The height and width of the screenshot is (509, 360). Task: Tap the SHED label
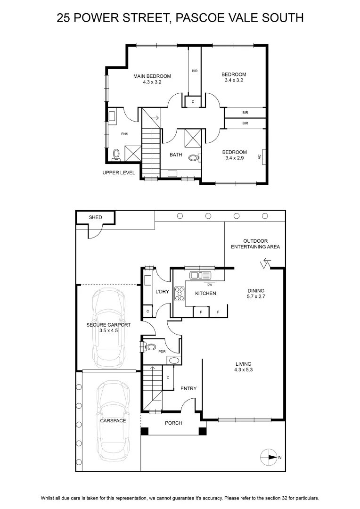point(96,217)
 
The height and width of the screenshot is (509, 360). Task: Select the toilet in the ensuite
point(116,155)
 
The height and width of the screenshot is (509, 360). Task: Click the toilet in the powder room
point(150,347)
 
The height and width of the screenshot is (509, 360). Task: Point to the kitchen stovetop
point(179,294)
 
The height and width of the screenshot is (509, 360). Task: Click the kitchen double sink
point(200,276)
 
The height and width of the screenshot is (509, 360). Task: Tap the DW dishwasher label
point(210,285)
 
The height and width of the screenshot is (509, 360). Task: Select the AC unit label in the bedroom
point(259,157)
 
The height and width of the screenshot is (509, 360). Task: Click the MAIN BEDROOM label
point(152,76)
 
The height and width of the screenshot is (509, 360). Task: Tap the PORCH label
point(173,423)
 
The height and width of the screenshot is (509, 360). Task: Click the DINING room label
point(256,290)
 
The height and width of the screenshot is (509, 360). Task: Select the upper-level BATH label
point(176,155)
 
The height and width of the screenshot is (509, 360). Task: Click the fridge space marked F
point(218,312)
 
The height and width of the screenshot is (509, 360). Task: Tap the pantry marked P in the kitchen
point(201,312)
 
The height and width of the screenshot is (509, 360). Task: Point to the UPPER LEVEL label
point(119,172)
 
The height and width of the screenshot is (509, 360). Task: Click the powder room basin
point(174,361)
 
